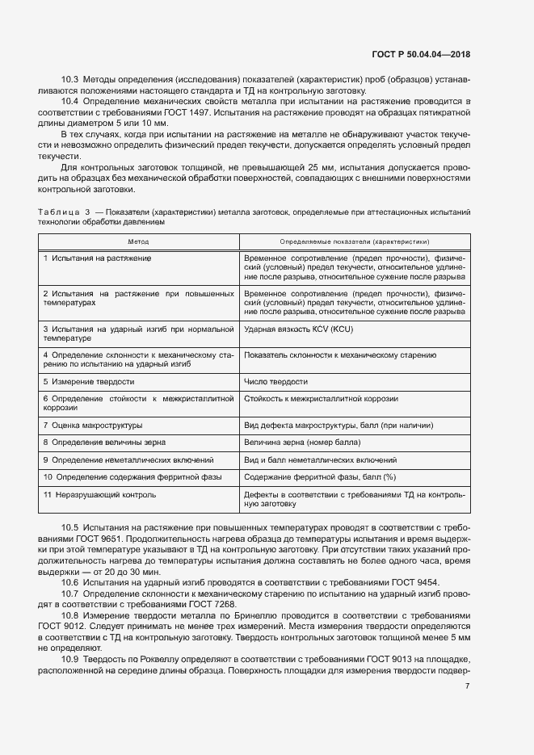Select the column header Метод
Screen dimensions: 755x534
[138, 241]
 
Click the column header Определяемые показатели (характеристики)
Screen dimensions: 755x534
[354, 241]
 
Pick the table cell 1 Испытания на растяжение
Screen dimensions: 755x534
[98, 258]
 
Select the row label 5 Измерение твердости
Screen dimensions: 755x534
[89, 381]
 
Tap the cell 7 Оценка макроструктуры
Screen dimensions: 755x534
[93, 425]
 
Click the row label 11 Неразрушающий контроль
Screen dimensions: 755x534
[99, 494]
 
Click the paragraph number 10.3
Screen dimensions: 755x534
[69, 81]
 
